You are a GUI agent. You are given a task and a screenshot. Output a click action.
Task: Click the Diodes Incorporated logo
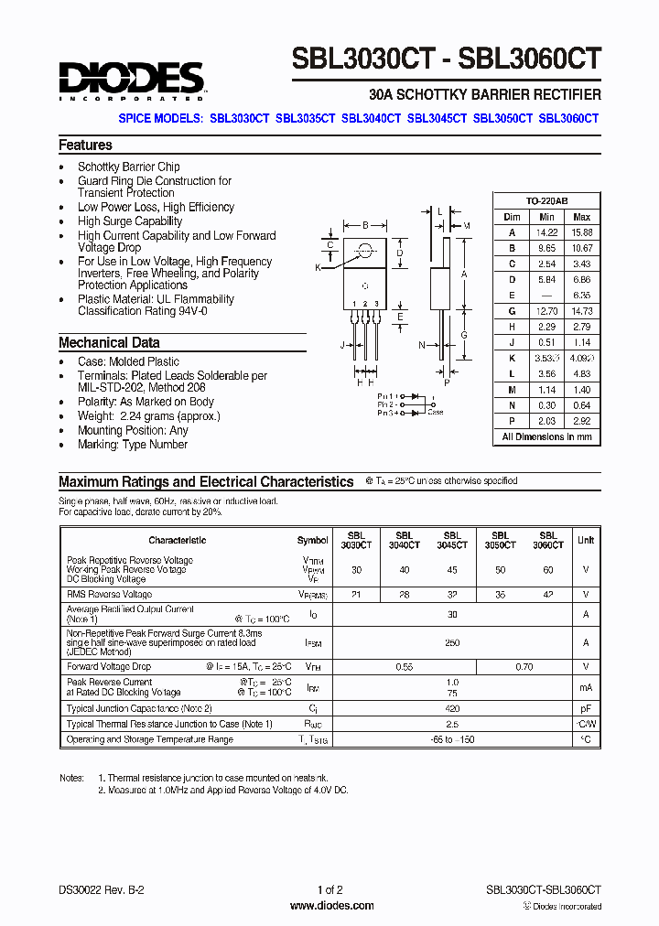pos(130,80)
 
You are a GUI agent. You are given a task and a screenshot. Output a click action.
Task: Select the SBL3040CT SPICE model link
pos(372,118)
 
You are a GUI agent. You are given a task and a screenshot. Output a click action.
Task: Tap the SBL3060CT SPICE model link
pos(568,118)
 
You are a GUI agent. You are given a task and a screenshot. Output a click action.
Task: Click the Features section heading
pos(85,145)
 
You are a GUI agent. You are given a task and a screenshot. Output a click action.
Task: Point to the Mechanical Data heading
pos(109,342)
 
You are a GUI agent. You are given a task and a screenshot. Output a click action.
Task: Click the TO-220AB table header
pos(547,200)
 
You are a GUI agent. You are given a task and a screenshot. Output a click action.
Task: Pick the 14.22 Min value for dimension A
pos(546,232)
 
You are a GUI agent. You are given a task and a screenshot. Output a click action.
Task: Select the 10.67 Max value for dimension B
pos(581,248)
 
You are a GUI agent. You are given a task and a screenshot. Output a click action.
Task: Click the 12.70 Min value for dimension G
pos(546,312)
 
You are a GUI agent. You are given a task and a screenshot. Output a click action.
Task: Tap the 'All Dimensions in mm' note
pos(547,436)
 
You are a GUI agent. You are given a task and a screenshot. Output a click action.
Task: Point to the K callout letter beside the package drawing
pos(318,267)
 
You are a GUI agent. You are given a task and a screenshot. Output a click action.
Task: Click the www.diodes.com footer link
pos(331,906)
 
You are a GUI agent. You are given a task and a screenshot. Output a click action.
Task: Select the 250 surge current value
pos(452,643)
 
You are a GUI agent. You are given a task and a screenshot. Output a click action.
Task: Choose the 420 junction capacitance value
pos(452,708)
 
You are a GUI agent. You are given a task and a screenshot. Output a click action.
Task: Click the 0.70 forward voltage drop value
pos(524,667)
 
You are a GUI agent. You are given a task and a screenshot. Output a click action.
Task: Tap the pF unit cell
pos(586,708)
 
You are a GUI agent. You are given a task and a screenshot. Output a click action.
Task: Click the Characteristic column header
pos(177,540)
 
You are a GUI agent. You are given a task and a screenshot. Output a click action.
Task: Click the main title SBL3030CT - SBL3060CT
pos(447,59)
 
